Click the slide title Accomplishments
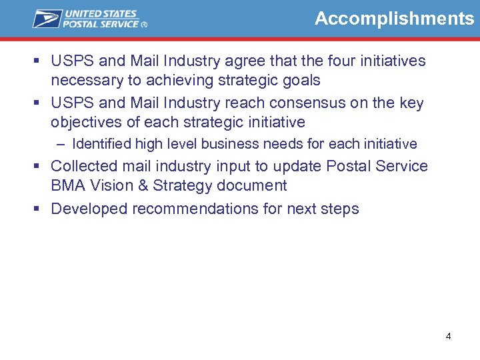[x=394, y=19]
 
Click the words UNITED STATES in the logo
[x=99, y=13]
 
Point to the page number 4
[x=448, y=336]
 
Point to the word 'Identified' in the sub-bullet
[x=101, y=144]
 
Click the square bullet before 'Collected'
[x=39, y=167]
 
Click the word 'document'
[x=256, y=185]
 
